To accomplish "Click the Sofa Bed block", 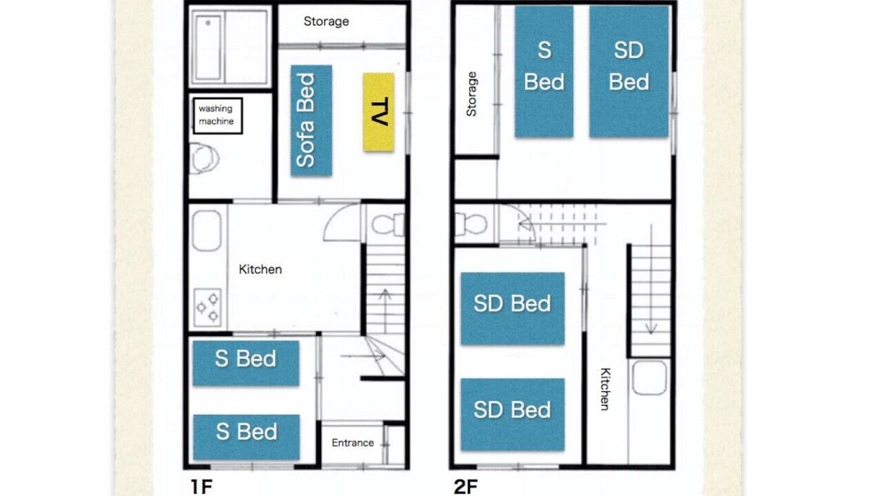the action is tap(311, 121).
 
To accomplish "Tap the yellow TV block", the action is tap(378, 112).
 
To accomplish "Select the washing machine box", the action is tap(217, 116).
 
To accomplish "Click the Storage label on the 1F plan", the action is tap(326, 21).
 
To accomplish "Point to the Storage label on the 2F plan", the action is tap(471, 94).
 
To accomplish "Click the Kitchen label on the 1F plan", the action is tap(260, 269).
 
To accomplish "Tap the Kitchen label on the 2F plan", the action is tap(605, 389).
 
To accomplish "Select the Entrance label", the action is tap(352, 443).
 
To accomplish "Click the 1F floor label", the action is tap(202, 487).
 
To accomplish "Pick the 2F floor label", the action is tap(466, 487).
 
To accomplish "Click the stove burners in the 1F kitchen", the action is tap(207, 307).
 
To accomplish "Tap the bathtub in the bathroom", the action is tap(208, 48).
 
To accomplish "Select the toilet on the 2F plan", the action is tap(471, 224).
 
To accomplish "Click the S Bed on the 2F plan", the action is tap(544, 72).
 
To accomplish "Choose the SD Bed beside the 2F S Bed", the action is tap(629, 72).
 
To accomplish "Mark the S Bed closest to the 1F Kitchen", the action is tap(246, 363).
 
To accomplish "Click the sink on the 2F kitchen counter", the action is tap(649, 378).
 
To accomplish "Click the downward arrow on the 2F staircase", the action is tap(651, 280).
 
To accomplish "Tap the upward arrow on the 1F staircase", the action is tap(385, 311).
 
